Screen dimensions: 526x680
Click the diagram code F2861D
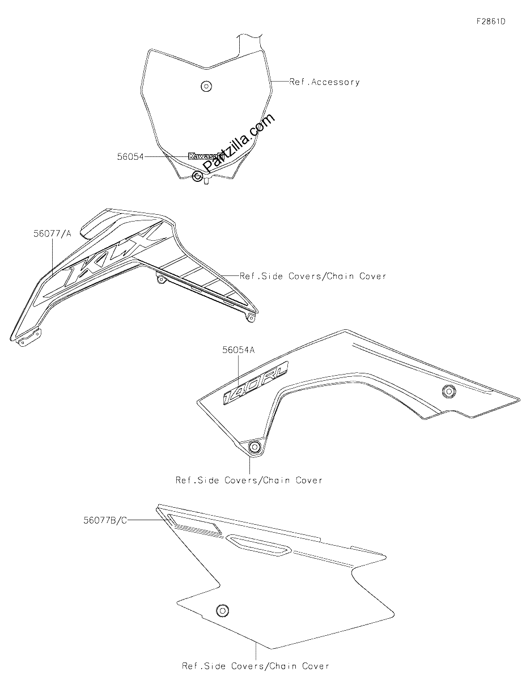pos(491,22)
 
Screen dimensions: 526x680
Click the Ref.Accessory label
pos(324,82)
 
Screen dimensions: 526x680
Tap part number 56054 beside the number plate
pos(130,156)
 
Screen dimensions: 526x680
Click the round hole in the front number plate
pos(206,86)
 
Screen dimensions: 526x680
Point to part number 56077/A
pos(53,233)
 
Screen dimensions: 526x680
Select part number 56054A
pos(239,350)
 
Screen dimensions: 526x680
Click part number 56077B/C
pos(105,520)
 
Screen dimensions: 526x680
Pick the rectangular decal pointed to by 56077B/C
pos(194,524)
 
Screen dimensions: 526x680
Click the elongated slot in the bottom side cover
pos(258,545)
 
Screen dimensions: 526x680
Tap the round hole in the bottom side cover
pos(223,610)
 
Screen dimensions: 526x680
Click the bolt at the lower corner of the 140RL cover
pos(254,447)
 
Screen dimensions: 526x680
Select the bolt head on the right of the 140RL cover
pos(449,391)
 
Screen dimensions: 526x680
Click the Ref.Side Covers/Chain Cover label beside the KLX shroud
pos(313,276)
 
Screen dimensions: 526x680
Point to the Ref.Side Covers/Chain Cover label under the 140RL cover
pos(249,480)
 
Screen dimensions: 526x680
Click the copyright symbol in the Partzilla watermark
pos(197,176)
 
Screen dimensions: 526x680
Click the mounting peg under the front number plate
pos(206,181)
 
